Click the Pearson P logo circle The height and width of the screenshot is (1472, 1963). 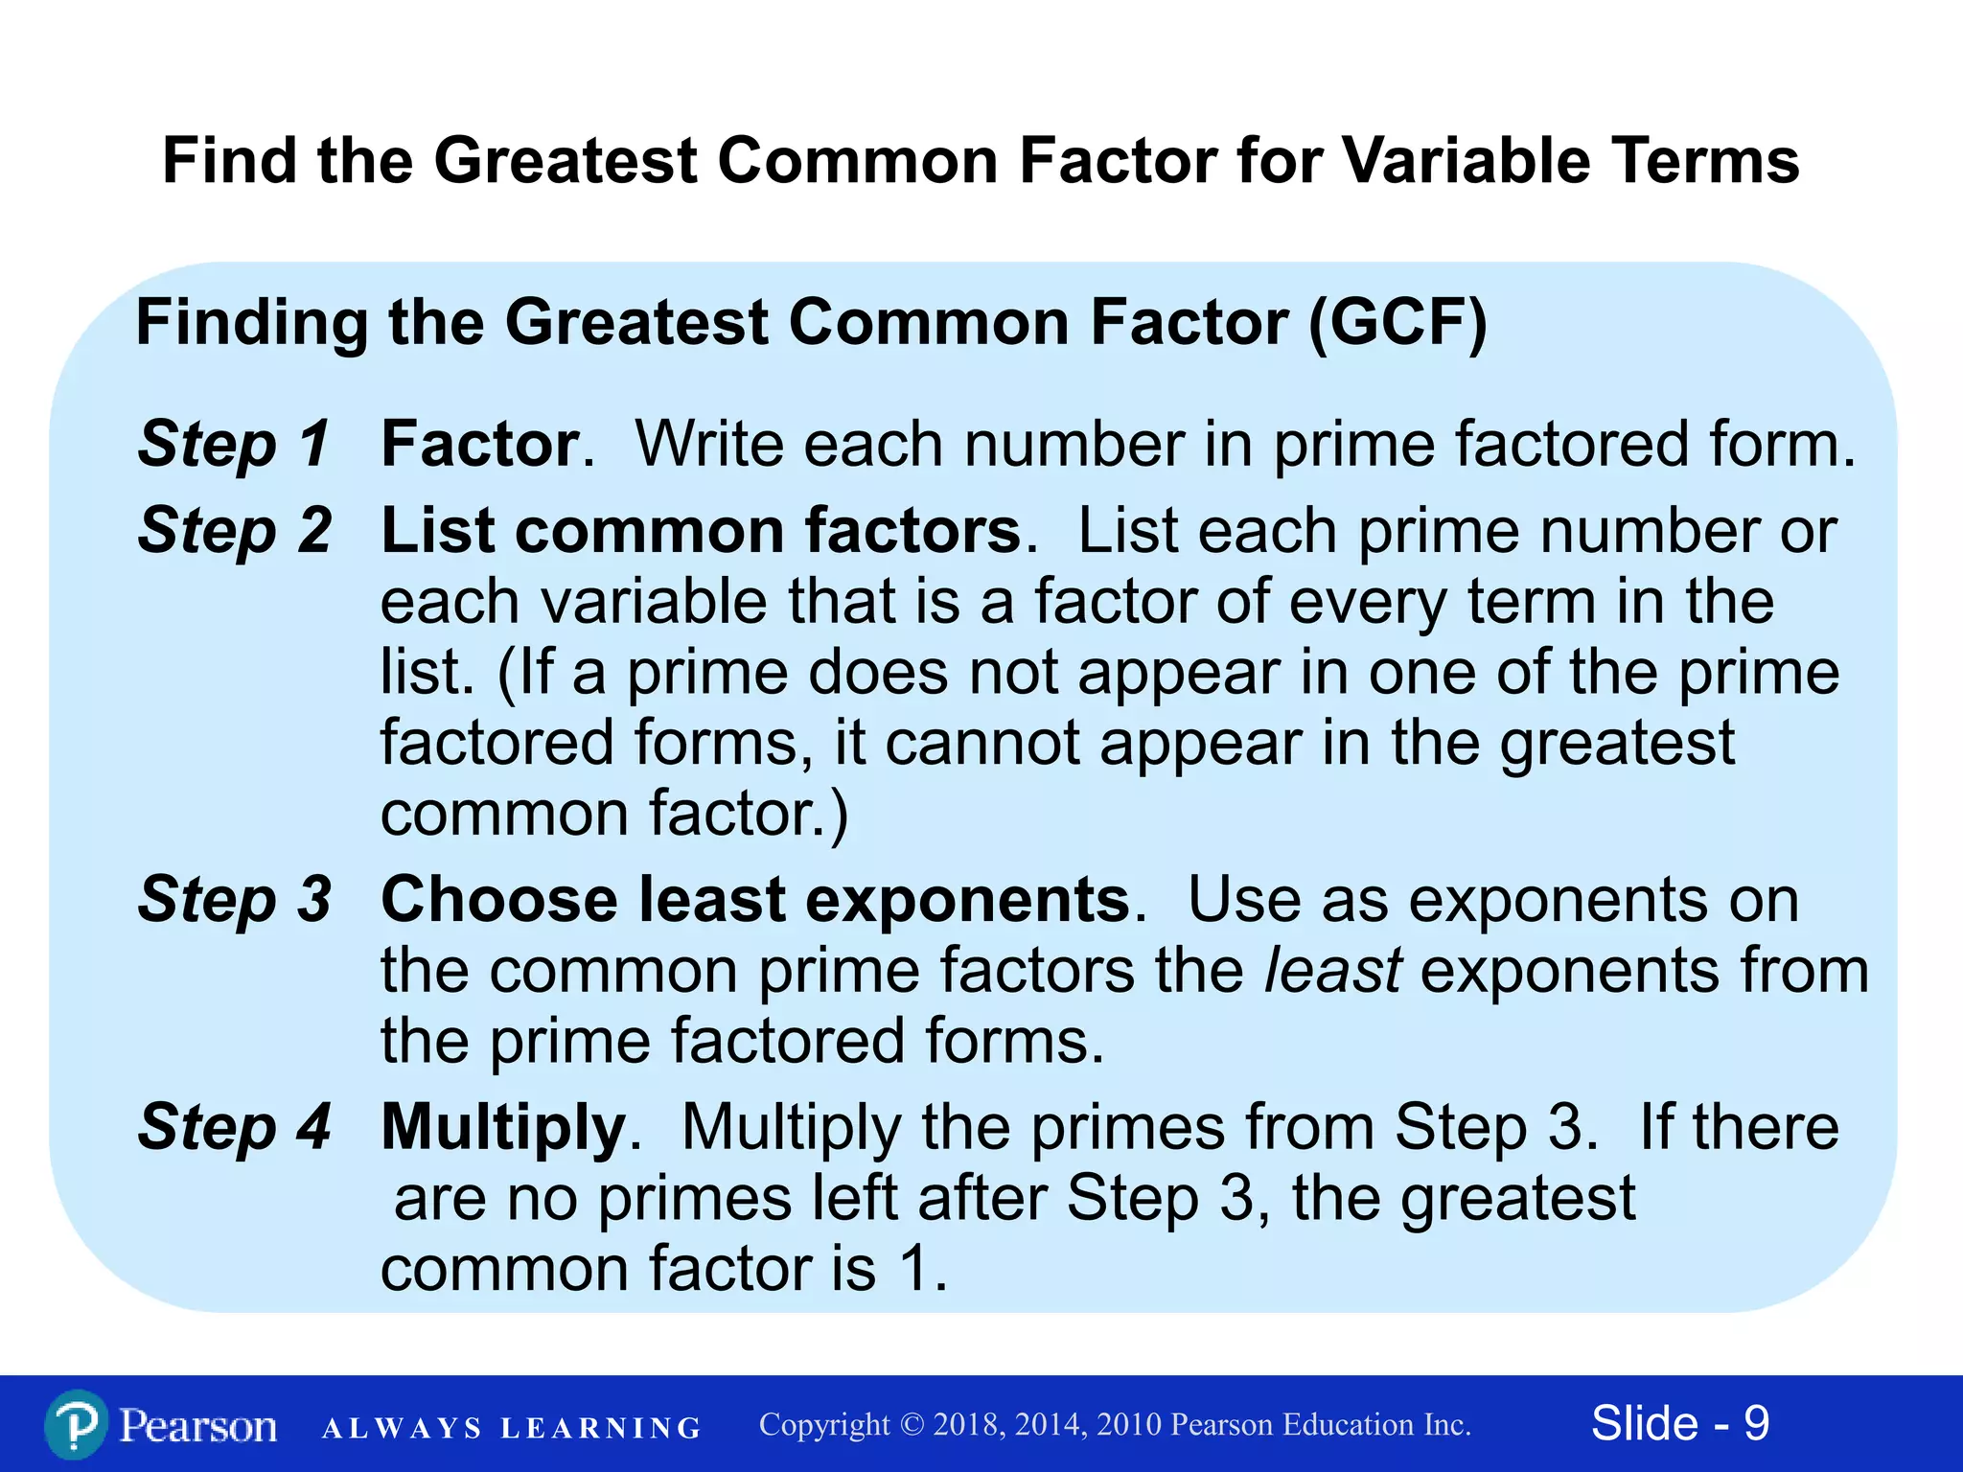pyautogui.click(x=76, y=1425)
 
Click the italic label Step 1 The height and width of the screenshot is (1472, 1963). pyautogui.click(x=234, y=444)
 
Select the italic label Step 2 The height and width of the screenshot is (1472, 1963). pyautogui.click(x=234, y=530)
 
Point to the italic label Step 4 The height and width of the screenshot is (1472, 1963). pyautogui.click(x=234, y=1126)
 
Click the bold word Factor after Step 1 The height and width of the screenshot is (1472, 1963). pyautogui.click(x=480, y=444)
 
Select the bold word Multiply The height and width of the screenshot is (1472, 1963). pyautogui.click(x=503, y=1127)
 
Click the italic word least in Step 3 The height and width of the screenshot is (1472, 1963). pyautogui.click(x=1333, y=970)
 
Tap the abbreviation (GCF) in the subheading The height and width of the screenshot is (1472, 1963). pyautogui.click(x=1398, y=322)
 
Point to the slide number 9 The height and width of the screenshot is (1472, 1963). pyautogui.click(x=1756, y=1423)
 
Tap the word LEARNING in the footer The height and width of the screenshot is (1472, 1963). pyautogui.click(x=601, y=1428)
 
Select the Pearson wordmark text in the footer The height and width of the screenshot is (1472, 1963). pyautogui.click(x=198, y=1426)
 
